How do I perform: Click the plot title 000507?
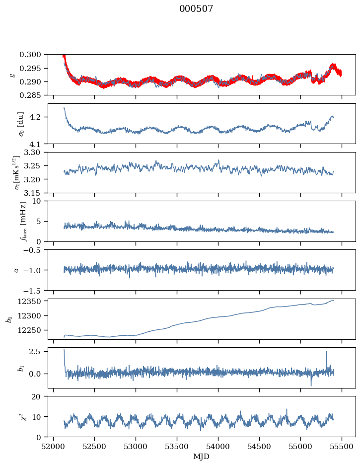tap(196, 9)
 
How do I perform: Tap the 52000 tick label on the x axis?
tap(53, 446)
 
